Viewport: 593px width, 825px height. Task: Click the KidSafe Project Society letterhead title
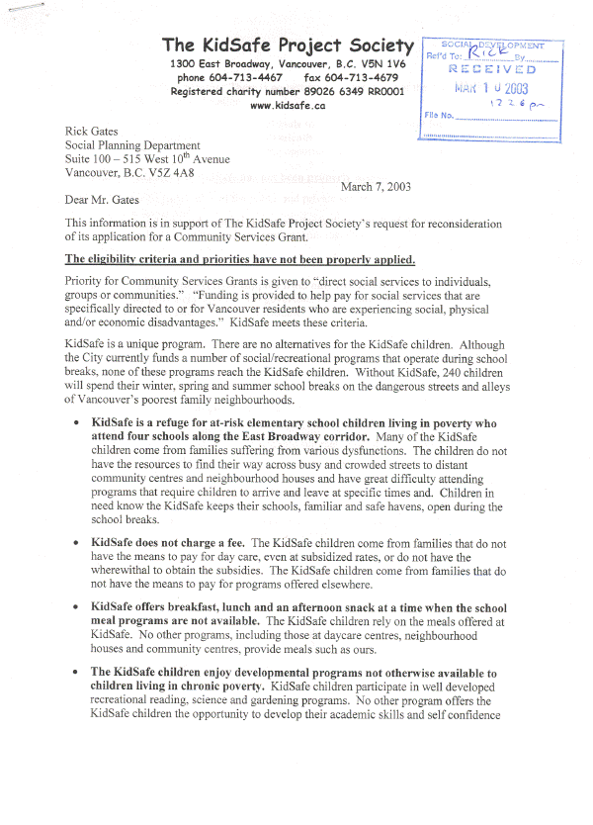point(288,46)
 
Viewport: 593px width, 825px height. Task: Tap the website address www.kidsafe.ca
point(288,106)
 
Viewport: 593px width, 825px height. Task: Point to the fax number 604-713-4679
point(366,77)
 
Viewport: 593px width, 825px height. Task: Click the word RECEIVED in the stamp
point(492,70)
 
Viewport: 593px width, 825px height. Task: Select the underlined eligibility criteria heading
point(239,260)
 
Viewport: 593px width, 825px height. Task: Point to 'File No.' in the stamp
point(439,116)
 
